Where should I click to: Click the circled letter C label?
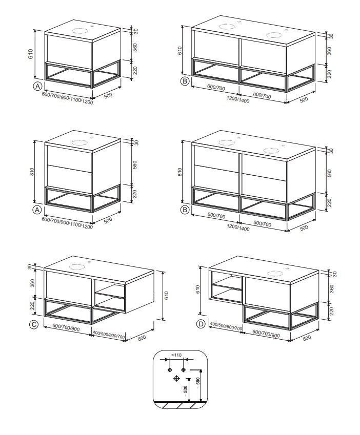[x=33, y=325]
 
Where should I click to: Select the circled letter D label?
[x=201, y=324]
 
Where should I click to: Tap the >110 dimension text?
[x=176, y=355]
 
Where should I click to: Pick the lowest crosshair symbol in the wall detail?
[x=176, y=379]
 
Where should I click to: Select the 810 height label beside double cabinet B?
[x=179, y=172]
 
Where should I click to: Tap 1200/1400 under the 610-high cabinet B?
[x=238, y=99]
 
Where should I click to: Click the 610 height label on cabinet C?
[x=166, y=296]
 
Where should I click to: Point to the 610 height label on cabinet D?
[x=197, y=290]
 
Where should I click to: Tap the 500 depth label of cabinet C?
[x=142, y=338]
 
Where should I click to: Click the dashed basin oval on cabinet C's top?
[x=77, y=267]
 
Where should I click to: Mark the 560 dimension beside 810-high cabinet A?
[x=135, y=165]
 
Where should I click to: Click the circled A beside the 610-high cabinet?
[x=37, y=87]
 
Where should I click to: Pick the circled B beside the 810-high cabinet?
[x=185, y=210]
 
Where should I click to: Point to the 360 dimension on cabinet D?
[x=332, y=289]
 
